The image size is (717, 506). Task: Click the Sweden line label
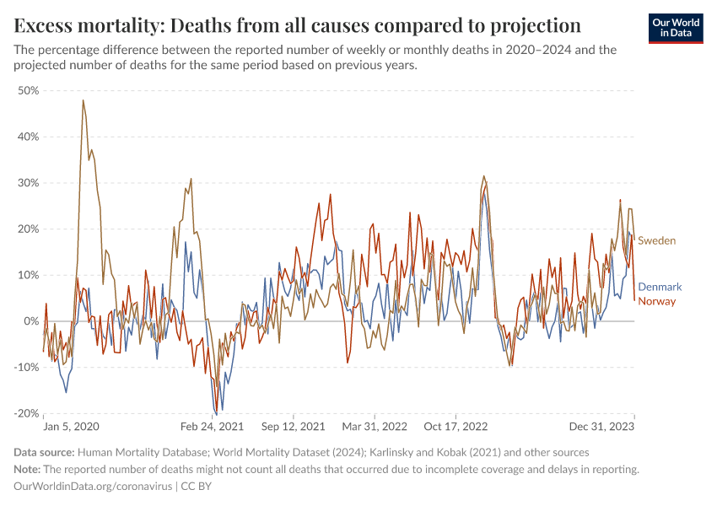click(656, 241)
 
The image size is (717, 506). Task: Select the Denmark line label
click(660, 288)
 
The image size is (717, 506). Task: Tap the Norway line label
click(656, 301)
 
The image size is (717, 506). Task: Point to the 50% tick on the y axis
click(29, 90)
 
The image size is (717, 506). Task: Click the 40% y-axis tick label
click(29, 137)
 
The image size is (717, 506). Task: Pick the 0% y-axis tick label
click(32, 321)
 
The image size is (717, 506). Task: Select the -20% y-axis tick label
click(27, 413)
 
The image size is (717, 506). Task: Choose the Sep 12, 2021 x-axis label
click(293, 428)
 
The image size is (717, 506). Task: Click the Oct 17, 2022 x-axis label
click(456, 428)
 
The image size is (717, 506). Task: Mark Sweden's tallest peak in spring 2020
click(83, 100)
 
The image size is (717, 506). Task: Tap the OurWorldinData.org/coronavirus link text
click(93, 487)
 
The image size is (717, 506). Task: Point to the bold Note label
click(30, 470)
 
